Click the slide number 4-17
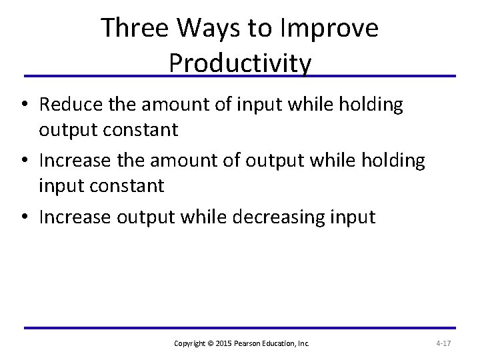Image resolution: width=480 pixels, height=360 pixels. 444,343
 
